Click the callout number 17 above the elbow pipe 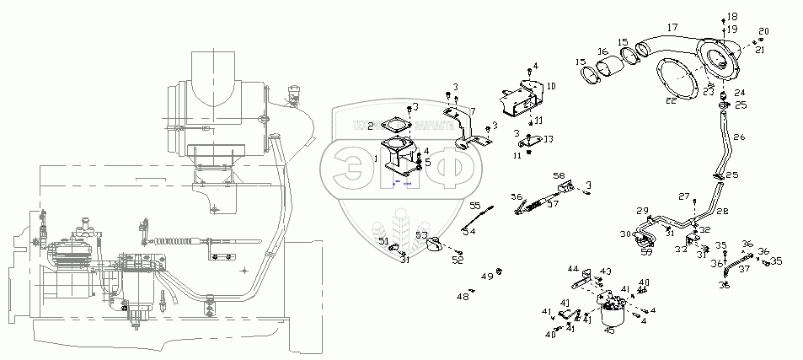(x=672, y=28)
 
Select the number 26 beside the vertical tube (x=739, y=137)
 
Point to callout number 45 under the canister (x=609, y=330)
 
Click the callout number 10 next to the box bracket (x=551, y=86)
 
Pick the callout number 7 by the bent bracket (x=472, y=110)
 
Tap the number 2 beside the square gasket (x=370, y=126)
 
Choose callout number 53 (x=420, y=235)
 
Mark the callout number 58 (x=559, y=175)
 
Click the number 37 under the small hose (x=744, y=270)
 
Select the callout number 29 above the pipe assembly (x=643, y=210)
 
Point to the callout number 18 (x=731, y=17)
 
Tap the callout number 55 (x=474, y=206)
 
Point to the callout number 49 (x=487, y=276)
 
